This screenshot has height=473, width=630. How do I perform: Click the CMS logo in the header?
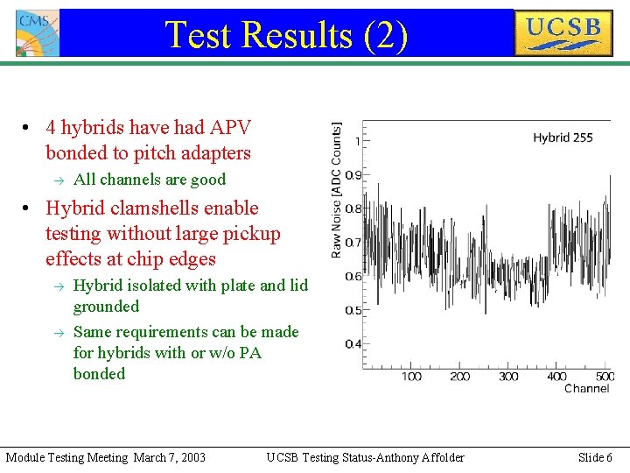(38, 33)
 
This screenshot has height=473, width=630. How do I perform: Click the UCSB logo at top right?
(563, 33)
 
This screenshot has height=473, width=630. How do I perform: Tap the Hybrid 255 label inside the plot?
(563, 138)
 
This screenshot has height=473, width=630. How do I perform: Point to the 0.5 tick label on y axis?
(353, 310)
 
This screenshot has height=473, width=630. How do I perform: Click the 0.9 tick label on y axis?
(353, 175)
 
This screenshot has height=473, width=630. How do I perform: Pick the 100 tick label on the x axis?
(411, 377)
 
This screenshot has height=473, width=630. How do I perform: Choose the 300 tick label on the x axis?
(508, 377)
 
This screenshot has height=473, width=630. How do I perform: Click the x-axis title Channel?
(586, 389)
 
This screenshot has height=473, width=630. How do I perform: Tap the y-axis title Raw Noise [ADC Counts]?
(336, 189)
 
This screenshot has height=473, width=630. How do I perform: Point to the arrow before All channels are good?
(59, 180)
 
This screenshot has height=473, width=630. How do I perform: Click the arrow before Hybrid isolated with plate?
(59, 286)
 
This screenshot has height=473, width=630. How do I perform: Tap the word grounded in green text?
(106, 307)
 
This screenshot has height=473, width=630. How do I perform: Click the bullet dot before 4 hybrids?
(25, 128)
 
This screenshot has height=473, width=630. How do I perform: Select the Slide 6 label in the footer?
(595, 457)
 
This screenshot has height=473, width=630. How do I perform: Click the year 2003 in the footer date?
(192, 457)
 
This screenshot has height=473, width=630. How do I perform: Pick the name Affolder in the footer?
(443, 457)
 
